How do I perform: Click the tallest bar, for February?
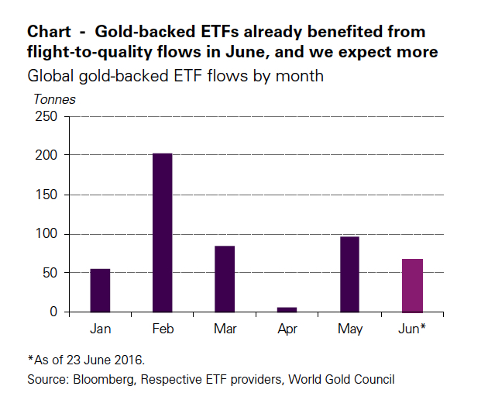click(x=163, y=233)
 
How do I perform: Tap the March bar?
click(x=225, y=279)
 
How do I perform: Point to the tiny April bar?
click(x=287, y=309)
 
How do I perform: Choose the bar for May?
click(x=349, y=274)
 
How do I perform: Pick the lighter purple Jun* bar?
click(x=412, y=285)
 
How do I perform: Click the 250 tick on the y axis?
click(x=46, y=116)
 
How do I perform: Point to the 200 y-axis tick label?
click(x=46, y=155)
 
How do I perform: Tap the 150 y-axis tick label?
click(x=46, y=195)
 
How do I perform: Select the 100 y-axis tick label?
click(x=46, y=234)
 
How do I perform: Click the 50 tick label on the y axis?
click(x=50, y=273)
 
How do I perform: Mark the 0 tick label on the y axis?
click(x=53, y=312)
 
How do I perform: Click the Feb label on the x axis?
click(x=163, y=329)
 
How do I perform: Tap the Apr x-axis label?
click(x=287, y=330)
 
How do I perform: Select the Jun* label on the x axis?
click(x=413, y=329)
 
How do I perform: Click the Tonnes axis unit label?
click(x=54, y=99)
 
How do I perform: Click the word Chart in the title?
click(x=49, y=33)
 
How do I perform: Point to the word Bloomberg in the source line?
click(x=101, y=379)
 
